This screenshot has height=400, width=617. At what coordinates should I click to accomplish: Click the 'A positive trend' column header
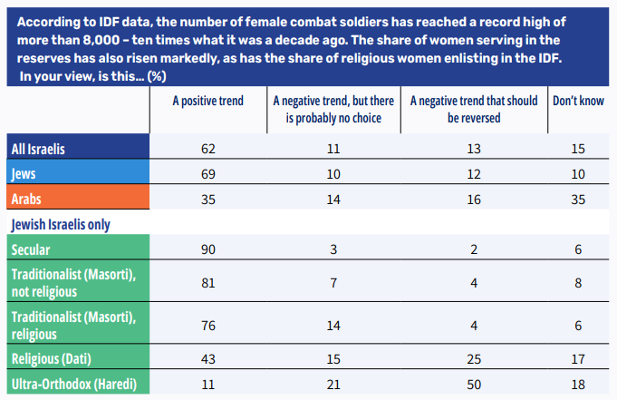tap(207, 101)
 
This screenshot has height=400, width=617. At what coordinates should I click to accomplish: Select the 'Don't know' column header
tap(578, 101)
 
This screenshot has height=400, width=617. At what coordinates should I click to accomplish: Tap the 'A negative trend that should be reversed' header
tap(474, 109)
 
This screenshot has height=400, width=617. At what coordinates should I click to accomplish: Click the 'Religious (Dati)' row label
tap(52, 359)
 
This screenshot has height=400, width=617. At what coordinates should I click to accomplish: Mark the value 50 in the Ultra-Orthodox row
tap(473, 384)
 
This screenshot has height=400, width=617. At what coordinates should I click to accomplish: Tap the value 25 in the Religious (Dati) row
tap(473, 359)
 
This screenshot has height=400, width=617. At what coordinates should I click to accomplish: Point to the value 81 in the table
tap(207, 283)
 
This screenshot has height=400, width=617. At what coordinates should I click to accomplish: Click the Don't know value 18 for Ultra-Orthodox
tap(578, 384)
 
